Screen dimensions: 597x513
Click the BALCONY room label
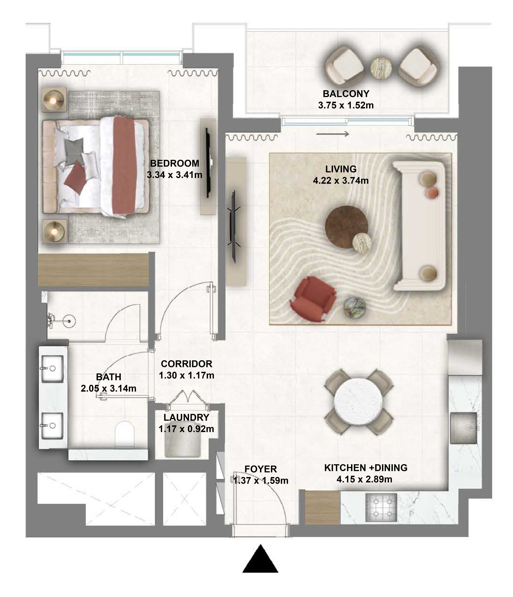(346, 94)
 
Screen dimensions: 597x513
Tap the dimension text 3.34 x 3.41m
(174, 175)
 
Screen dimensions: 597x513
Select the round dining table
(359, 402)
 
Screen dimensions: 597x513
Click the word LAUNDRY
(186, 417)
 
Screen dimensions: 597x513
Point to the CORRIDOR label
(186, 364)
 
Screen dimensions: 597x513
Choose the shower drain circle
(69, 321)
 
